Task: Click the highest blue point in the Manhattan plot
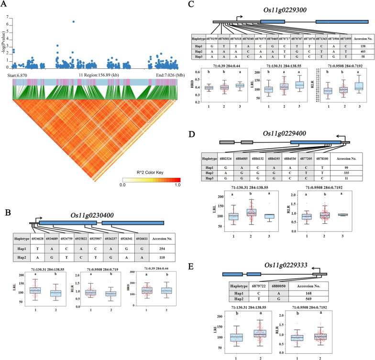point(73,22)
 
